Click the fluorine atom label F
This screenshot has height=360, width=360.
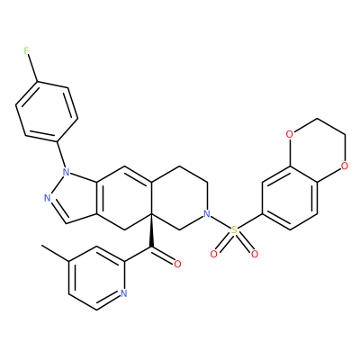pos(27,51)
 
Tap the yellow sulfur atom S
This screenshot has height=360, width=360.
pos(234,230)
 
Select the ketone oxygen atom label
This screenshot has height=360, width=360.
pos(177,264)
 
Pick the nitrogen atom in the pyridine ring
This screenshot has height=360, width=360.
pos(123,293)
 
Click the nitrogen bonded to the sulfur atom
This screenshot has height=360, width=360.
pos(206,214)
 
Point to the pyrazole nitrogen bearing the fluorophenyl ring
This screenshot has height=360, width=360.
pos(66,173)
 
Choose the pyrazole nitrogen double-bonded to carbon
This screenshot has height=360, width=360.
pos(47,198)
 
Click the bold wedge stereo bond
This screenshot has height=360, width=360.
pos(151,231)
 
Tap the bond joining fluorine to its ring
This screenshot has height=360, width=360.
pos(32,68)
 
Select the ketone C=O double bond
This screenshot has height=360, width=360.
pos(163,255)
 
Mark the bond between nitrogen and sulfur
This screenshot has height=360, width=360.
pos(220,222)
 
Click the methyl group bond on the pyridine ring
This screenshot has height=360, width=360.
pos(55,254)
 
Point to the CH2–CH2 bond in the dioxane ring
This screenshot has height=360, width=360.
pos(330,126)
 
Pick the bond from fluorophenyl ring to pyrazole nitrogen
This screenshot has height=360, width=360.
pos(60,155)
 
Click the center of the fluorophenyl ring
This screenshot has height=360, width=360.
pos(47,112)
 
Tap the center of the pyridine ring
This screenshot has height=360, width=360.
pos(96,278)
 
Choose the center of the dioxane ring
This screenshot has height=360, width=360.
pos(317,150)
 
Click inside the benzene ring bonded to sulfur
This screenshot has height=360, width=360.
pos(289,198)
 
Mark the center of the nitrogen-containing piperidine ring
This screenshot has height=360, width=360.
pos(179,198)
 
